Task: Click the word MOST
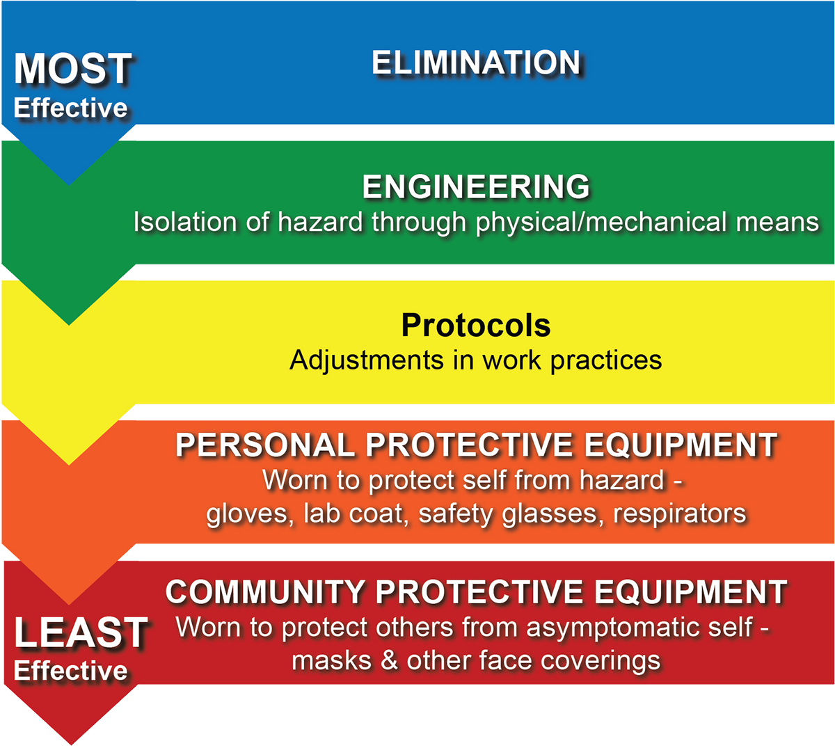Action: click(72, 68)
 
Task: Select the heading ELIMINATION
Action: click(476, 63)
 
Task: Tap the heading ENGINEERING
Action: click(476, 186)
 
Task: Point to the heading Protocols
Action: click(476, 325)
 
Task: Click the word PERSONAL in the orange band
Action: click(265, 445)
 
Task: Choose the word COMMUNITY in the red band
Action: click(265, 592)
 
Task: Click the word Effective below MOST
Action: click(70, 108)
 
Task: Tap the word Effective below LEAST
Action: click(70, 671)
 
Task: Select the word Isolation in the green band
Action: click(185, 222)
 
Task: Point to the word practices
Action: click(606, 361)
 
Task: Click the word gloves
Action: click(250, 514)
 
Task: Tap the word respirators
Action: click(680, 514)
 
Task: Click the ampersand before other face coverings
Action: click(389, 660)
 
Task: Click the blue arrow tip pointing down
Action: click(69, 184)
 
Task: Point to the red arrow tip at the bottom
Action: click(71, 745)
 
